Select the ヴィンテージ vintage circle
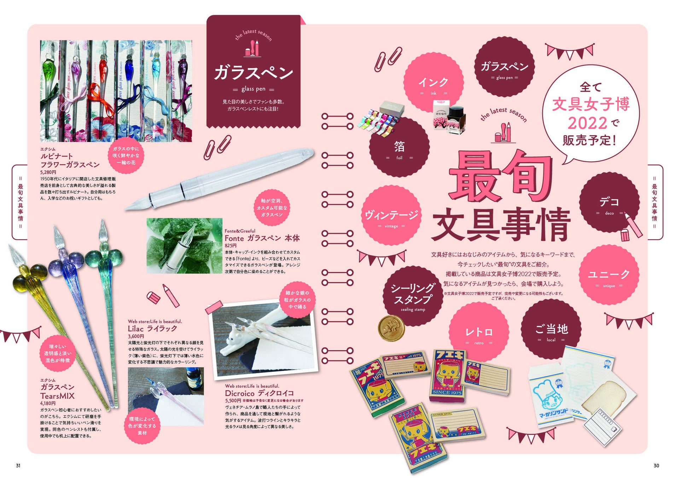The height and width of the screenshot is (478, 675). pyautogui.click(x=391, y=216)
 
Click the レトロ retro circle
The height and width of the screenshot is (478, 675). pyautogui.click(x=479, y=333)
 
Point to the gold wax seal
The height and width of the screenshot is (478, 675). pyautogui.click(x=391, y=328)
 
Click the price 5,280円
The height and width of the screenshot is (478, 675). pyautogui.click(x=48, y=172)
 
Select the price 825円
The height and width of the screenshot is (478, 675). pyautogui.click(x=231, y=245)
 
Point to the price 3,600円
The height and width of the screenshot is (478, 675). pyautogui.click(x=136, y=336)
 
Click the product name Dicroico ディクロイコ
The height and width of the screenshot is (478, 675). pyautogui.click(x=259, y=393)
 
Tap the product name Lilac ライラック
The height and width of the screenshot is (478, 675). pyautogui.click(x=152, y=329)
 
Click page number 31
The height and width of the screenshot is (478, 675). pyautogui.click(x=18, y=466)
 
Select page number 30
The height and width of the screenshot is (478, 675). pyautogui.click(x=656, y=466)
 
